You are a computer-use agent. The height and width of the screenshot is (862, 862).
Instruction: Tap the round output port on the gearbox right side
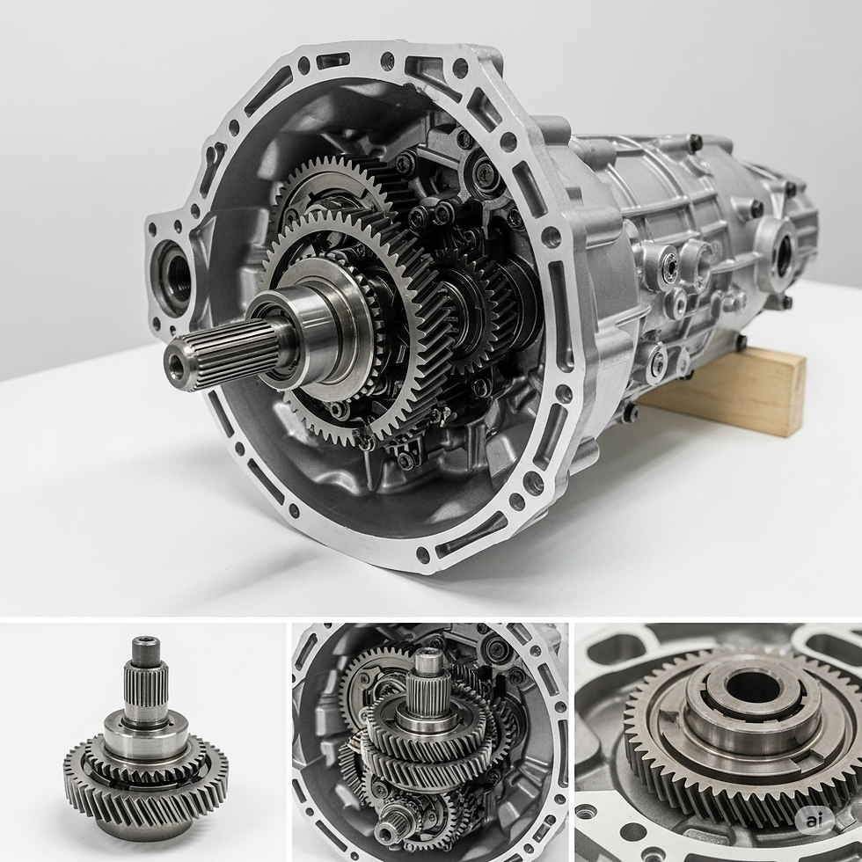click(782, 252)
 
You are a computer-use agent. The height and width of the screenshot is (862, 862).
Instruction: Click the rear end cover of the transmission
click(792, 229)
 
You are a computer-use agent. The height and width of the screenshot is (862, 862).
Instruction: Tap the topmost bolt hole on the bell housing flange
click(387, 61)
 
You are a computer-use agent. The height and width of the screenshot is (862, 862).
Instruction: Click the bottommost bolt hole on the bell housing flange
click(423, 555)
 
